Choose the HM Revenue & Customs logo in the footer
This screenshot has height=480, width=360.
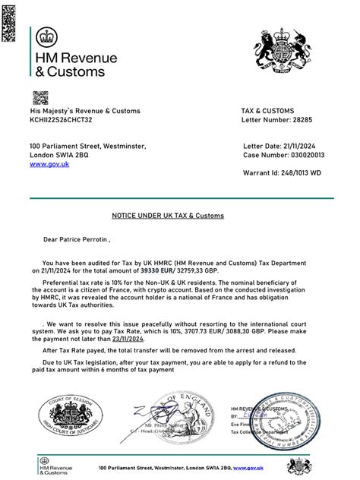click(x=57, y=464)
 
